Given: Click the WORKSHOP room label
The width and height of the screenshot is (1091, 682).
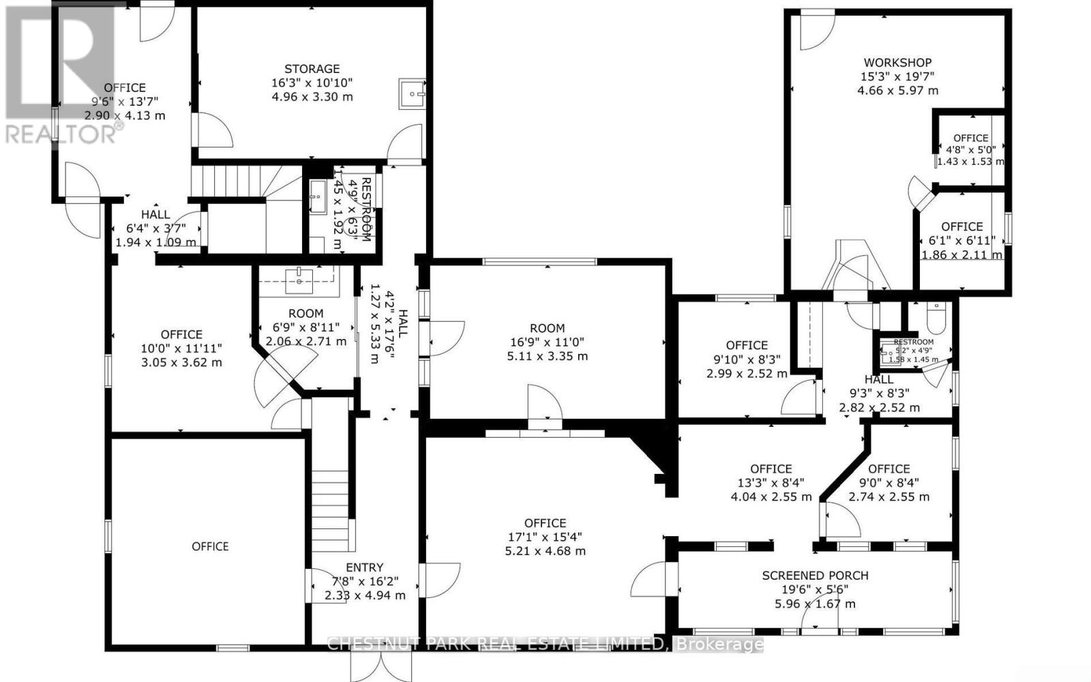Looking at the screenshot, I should click(x=897, y=62).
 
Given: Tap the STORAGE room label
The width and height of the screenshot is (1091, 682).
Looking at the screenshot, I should click(x=312, y=68).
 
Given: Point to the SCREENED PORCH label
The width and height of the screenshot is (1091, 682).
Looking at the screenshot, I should click(x=815, y=575).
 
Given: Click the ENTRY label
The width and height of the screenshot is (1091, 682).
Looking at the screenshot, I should click(x=364, y=567).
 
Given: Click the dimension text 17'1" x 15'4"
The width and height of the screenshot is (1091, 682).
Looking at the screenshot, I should click(x=545, y=537).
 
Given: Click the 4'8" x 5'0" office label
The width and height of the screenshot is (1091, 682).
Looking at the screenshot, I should click(x=970, y=138).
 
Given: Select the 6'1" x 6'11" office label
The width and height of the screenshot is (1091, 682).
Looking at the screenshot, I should click(x=961, y=226).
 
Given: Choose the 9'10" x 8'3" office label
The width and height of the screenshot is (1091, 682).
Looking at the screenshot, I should click(x=747, y=345).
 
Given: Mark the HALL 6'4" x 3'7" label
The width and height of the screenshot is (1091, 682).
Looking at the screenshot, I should click(x=155, y=214).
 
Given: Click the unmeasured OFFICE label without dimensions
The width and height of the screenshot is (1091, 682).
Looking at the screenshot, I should click(x=210, y=546).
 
